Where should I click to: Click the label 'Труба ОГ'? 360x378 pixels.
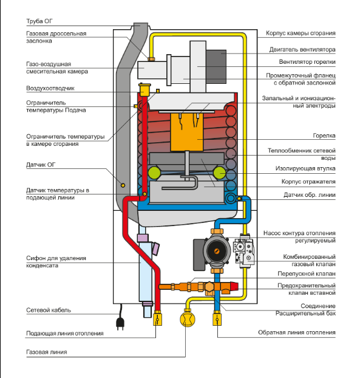39,21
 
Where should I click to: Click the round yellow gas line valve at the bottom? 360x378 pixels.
188,319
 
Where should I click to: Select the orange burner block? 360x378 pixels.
186,132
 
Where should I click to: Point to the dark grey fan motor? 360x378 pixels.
216,66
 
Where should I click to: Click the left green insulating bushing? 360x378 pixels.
154,173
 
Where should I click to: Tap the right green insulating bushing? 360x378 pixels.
219,173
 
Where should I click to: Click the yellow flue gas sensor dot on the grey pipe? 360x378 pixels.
123,185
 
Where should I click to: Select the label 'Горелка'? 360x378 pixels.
324,136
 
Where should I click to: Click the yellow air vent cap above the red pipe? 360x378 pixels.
144,90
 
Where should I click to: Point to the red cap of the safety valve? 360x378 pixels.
234,286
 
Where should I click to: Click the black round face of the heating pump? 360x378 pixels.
217,251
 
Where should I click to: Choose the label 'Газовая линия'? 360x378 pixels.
47,352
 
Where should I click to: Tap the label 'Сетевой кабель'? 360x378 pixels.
49,311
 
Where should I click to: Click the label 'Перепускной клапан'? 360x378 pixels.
307,274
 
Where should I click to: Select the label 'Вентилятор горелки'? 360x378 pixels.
307,62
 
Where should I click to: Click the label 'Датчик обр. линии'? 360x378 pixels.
310,195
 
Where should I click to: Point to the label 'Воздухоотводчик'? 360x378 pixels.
50,88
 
